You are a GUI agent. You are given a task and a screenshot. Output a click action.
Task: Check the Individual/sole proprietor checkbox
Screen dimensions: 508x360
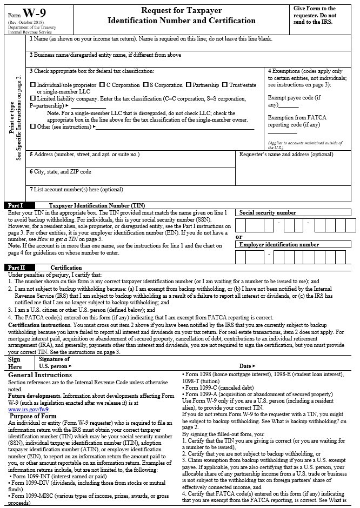coord(33,85)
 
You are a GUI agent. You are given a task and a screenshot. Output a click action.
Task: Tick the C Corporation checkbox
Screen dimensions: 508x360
coord(102,85)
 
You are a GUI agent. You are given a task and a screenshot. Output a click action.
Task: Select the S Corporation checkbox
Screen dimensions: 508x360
coord(145,85)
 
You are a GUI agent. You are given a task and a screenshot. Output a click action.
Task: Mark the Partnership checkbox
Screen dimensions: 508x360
coord(188,85)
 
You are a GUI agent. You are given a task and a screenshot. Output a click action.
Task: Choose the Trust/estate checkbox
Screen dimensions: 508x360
coord(225,85)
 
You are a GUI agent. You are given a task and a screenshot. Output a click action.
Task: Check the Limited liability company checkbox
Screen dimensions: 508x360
coord(33,99)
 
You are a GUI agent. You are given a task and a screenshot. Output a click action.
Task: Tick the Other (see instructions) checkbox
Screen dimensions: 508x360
coord(33,126)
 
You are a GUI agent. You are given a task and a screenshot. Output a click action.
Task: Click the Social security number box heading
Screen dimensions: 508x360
coord(268,213)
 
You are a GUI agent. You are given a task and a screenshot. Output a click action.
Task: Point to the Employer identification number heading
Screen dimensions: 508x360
coord(279,245)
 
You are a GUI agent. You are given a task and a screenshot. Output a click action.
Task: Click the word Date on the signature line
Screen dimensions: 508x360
coord(245,366)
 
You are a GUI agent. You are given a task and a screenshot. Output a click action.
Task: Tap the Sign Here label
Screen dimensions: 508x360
coord(15,363)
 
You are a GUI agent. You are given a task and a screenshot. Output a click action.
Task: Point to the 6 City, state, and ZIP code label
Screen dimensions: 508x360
coord(60,172)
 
